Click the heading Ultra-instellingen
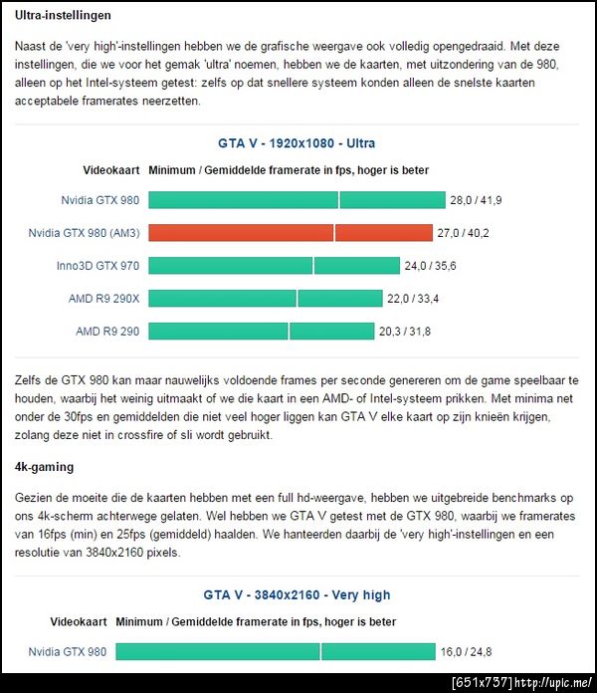click(x=63, y=16)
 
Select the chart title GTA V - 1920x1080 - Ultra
click(x=297, y=143)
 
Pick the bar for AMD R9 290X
click(x=265, y=299)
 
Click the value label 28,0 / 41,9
click(x=476, y=200)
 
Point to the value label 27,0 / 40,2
click(x=464, y=233)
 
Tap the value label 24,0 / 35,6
click(x=430, y=266)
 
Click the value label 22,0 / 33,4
click(x=413, y=299)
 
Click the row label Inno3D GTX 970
click(x=98, y=266)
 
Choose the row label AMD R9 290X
click(x=103, y=299)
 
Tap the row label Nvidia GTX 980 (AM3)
click(x=84, y=233)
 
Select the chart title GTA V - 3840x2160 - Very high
click(x=297, y=595)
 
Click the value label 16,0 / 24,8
click(x=466, y=652)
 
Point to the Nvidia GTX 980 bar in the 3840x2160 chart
click(x=274, y=652)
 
